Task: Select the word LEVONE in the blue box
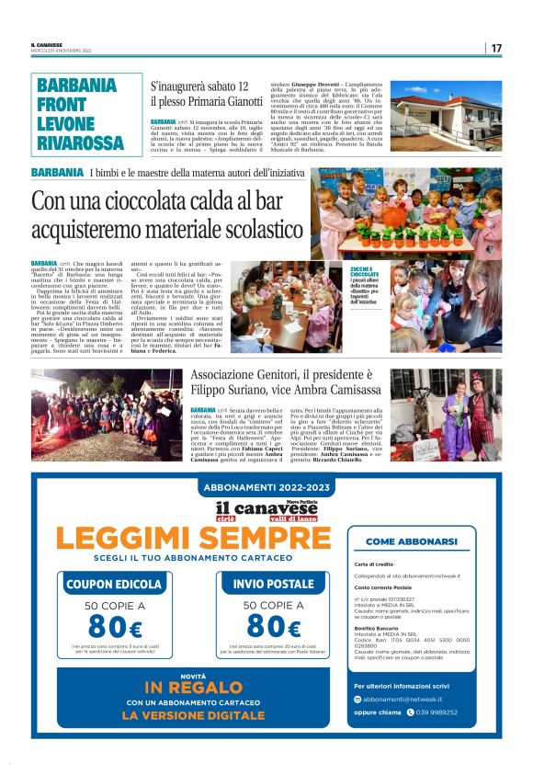click(67, 122)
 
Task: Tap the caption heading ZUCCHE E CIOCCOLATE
click(364, 271)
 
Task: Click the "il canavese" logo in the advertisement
click(266, 508)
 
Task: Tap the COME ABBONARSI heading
click(418, 542)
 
